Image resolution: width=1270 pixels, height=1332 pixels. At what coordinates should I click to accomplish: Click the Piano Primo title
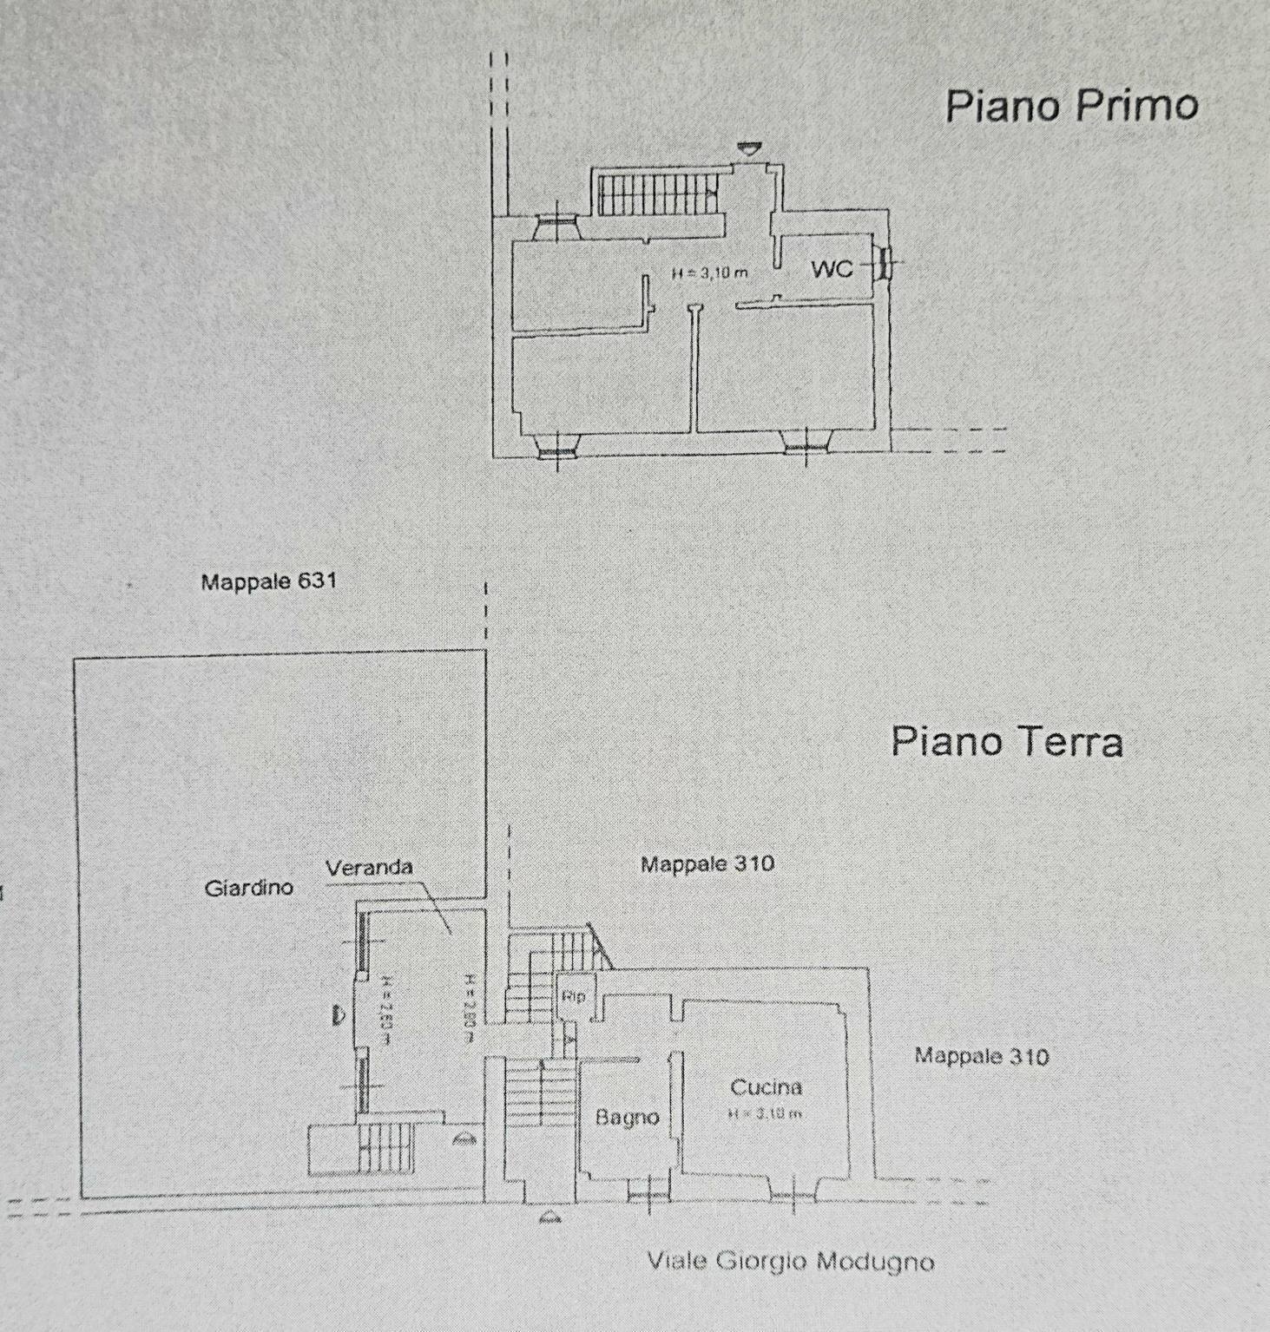click(1071, 106)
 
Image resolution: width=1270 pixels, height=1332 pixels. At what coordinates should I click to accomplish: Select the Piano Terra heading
click(1007, 742)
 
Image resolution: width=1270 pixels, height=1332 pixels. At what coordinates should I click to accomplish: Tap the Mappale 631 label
click(268, 581)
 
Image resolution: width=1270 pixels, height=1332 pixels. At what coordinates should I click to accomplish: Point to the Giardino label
click(249, 888)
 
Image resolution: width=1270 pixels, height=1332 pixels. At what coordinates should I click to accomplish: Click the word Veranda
click(369, 867)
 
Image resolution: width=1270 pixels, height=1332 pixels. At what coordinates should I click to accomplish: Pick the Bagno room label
click(627, 1118)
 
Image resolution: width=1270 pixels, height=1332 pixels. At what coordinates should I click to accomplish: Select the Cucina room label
click(766, 1087)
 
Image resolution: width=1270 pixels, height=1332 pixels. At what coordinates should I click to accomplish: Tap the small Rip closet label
click(573, 996)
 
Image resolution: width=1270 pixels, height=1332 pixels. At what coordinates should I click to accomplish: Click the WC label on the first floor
click(832, 269)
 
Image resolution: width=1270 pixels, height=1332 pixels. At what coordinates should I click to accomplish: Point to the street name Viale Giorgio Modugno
click(790, 1261)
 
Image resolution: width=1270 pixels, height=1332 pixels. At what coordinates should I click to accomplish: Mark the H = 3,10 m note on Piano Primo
click(709, 273)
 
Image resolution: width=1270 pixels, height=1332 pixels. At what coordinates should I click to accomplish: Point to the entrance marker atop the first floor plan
click(745, 149)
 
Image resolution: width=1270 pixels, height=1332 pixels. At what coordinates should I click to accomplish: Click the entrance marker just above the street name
click(549, 1217)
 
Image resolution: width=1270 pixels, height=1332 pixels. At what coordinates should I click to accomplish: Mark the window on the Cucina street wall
click(792, 1197)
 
